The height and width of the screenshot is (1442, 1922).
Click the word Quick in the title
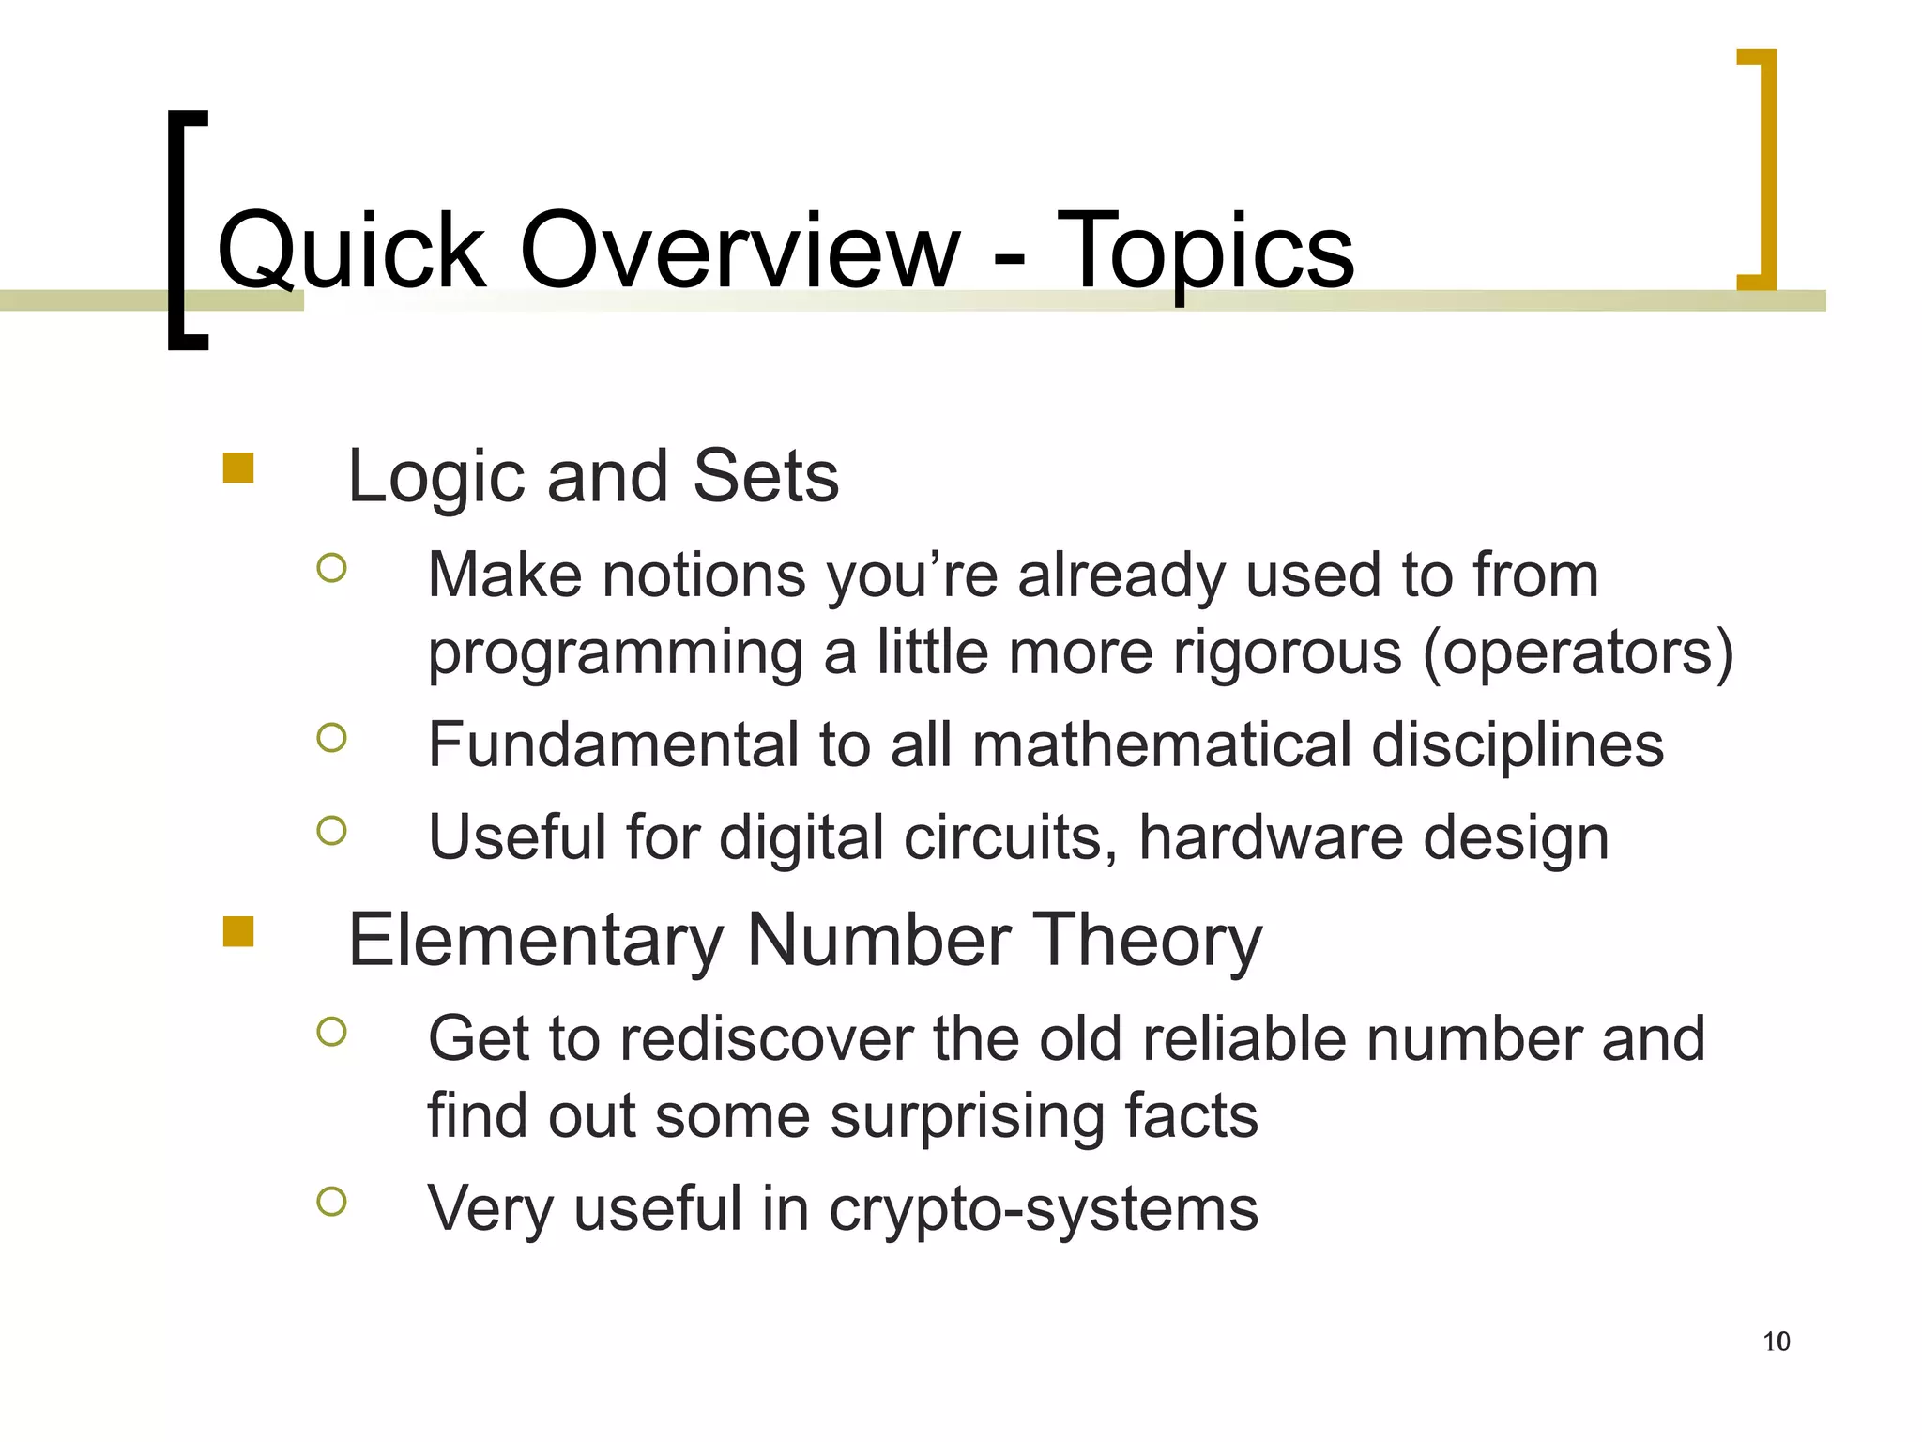(x=352, y=252)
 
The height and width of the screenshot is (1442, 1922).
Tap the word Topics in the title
(x=1206, y=252)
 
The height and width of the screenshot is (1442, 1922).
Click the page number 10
(x=1776, y=1342)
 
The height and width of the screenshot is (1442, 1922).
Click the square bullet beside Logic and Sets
(x=238, y=468)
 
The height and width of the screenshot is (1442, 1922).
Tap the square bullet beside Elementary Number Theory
(x=238, y=931)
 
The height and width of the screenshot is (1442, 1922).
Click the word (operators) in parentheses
(x=1578, y=652)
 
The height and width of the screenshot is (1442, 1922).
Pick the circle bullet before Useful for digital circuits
(x=331, y=830)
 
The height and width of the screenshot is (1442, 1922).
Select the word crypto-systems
(x=1043, y=1208)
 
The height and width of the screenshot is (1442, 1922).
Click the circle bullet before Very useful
(x=331, y=1201)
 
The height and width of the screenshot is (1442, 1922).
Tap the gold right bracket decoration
(x=1766, y=169)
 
